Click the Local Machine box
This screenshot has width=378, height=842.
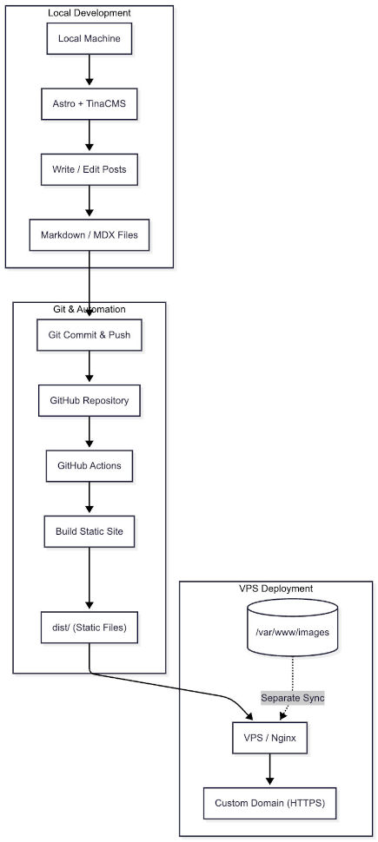pyautogui.click(x=89, y=39)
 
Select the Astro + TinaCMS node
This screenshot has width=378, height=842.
pyautogui.click(x=89, y=104)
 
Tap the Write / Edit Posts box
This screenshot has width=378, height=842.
pyautogui.click(x=89, y=169)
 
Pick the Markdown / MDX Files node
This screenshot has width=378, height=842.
pyautogui.click(x=89, y=234)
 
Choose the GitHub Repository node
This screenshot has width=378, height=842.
pyautogui.click(x=89, y=401)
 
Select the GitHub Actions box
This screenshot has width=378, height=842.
pyautogui.click(x=89, y=466)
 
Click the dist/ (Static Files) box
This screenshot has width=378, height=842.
pyautogui.click(x=89, y=628)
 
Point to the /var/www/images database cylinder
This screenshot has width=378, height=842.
pyautogui.click(x=293, y=632)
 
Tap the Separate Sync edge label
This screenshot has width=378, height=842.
pyautogui.click(x=292, y=697)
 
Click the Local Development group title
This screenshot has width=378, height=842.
pyautogui.click(x=89, y=14)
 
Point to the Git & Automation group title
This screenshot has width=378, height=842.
pyautogui.click(x=89, y=310)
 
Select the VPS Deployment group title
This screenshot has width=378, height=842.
pyautogui.click(x=275, y=589)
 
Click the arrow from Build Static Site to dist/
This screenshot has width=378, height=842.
pyautogui.click(x=89, y=578)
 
